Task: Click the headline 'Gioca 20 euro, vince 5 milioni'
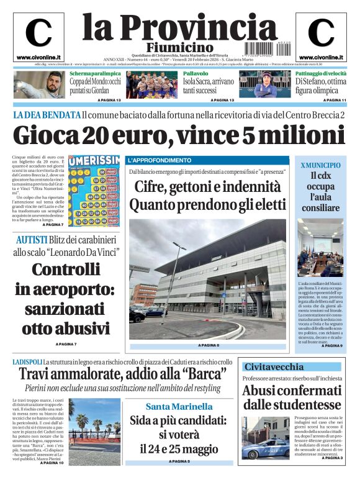point(180,135)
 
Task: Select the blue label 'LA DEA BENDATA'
point(47,115)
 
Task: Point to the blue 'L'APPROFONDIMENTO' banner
point(160,160)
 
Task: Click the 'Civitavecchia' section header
point(274,366)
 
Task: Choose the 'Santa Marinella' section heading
point(179,407)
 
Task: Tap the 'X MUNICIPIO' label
point(320,165)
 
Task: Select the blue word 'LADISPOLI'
point(27,361)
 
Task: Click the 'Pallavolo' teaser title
point(196,73)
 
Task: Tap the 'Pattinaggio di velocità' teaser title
point(321,73)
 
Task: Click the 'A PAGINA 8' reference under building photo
point(208,345)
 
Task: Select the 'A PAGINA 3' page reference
point(332,458)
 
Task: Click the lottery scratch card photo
point(94,191)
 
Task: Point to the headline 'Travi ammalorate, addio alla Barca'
point(121,374)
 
